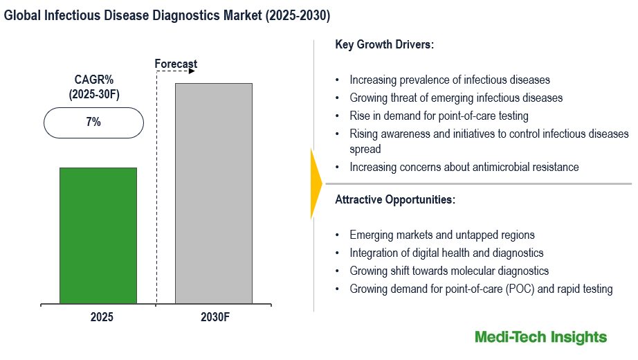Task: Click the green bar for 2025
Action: [98, 235]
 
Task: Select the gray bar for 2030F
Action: [213, 193]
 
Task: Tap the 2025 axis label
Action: [101, 318]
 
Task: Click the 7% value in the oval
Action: [93, 123]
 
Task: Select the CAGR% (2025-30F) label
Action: [94, 87]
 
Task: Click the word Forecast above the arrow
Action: [176, 64]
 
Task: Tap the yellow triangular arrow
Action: [316, 183]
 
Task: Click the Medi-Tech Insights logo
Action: [540, 337]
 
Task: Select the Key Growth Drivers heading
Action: [384, 44]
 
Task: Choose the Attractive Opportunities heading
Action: [395, 200]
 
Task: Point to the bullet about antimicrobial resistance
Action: [464, 167]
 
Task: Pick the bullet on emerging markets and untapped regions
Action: [441, 235]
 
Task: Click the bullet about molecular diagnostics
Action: [449, 271]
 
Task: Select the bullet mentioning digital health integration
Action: [446, 253]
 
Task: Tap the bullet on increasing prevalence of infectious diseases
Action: [450, 80]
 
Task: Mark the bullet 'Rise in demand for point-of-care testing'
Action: [439, 116]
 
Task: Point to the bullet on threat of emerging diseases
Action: [456, 98]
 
